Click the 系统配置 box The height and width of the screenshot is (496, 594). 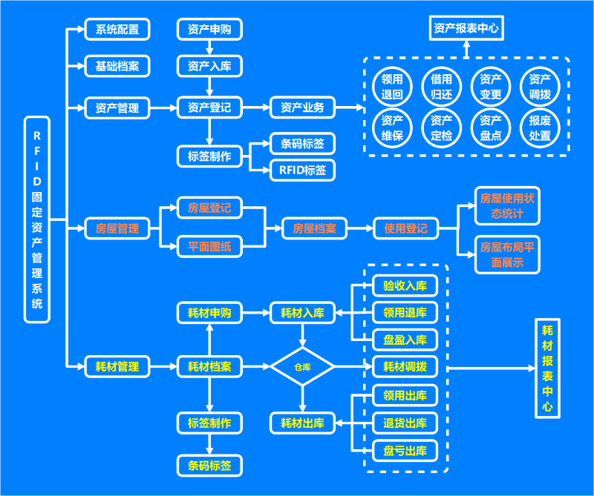point(117,30)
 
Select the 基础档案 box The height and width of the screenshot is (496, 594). point(117,66)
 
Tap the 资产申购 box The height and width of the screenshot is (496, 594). point(209,30)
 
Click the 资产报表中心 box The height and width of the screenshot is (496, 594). point(466,29)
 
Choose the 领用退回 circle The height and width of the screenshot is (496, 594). point(392,87)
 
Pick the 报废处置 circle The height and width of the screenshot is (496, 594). point(540,128)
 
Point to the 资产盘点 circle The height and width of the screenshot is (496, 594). point(491,128)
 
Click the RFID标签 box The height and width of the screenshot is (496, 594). point(302,170)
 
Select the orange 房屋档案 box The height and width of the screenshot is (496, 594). point(314,228)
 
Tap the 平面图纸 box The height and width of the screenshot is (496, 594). point(209,246)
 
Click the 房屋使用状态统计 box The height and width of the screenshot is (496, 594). point(507,206)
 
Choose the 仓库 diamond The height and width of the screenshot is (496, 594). point(302,366)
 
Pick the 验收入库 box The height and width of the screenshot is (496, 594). point(405,285)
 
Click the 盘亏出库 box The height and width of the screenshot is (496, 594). point(405,450)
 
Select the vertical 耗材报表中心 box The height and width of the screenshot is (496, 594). point(547,368)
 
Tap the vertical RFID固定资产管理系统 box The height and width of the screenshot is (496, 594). point(37,219)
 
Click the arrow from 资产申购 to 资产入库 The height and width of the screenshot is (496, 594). point(209,47)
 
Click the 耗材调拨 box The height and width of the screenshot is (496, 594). point(405,366)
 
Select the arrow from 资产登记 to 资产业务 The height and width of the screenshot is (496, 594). point(256,108)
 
